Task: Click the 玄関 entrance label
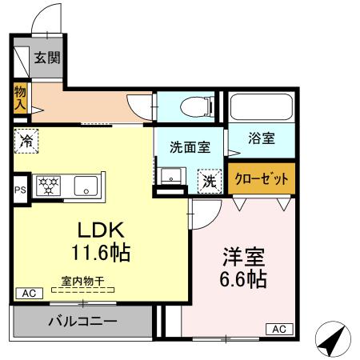(x=45, y=58)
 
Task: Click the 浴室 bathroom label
(x=262, y=138)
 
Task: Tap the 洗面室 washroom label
(x=190, y=147)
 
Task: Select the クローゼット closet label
(x=262, y=178)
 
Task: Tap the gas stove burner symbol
(x=50, y=186)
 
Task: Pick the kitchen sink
(x=85, y=186)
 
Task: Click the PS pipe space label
(x=20, y=190)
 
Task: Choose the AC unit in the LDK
(x=28, y=294)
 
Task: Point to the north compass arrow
(x=334, y=340)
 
